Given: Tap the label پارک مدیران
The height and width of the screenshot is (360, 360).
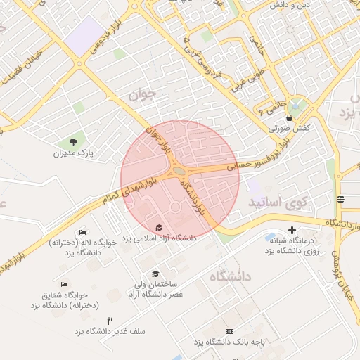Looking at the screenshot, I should (74, 153).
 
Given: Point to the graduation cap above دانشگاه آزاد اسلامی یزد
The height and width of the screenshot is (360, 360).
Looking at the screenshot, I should (159, 227).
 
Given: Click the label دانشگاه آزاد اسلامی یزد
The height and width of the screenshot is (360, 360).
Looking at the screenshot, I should (160, 238).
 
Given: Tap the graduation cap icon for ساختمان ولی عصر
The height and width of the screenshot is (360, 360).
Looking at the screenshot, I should (155, 274).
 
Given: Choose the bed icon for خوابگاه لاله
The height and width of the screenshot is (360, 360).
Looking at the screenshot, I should (82, 232).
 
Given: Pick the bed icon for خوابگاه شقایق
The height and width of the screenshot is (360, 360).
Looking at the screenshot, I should (65, 284).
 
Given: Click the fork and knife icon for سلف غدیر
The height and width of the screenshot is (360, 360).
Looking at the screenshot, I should (110, 321).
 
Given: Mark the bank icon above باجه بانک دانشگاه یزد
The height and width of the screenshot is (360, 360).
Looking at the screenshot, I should (229, 331).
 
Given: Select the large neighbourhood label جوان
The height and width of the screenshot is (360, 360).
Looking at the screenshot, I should (140, 94).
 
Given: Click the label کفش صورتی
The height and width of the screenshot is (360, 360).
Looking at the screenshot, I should (288, 129).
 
